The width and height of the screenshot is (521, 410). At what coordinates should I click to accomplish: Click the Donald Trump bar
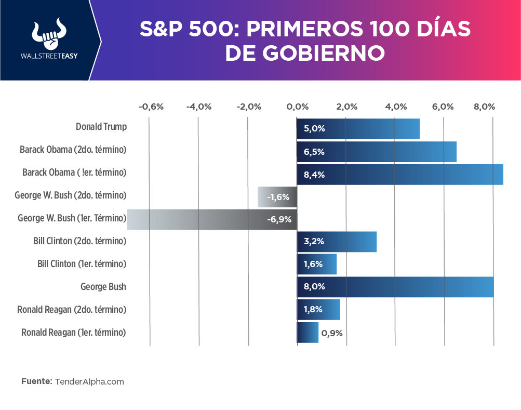tap(358, 129)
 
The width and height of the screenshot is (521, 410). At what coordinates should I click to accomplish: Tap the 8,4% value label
tap(314, 175)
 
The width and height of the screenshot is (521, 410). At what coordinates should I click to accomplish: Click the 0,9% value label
tap(332, 333)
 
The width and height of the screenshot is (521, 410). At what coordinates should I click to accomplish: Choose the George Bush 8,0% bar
tap(395, 287)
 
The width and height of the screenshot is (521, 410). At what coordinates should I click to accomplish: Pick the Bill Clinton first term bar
tap(317, 264)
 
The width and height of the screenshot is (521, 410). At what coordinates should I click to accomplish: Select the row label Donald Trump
tap(101, 127)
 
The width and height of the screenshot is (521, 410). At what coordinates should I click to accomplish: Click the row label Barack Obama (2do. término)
tap(73, 150)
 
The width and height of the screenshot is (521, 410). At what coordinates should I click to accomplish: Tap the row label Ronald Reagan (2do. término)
tap(72, 310)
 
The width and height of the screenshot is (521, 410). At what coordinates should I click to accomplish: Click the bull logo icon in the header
tap(47, 35)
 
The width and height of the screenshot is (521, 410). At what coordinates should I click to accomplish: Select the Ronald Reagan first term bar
tap(308, 333)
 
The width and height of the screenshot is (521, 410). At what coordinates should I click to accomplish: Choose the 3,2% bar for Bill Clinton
tap(337, 242)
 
